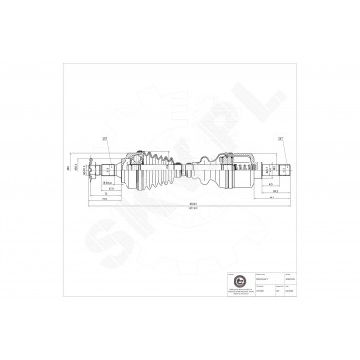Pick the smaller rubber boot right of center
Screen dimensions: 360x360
pos(198,173)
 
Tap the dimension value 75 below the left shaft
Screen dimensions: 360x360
pos(104,195)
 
